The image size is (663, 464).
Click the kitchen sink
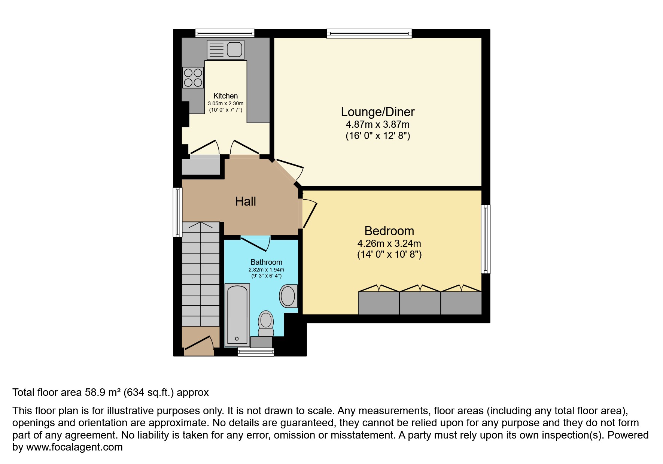tap(226, 49)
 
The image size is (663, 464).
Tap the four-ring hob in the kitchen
tap(193, 78)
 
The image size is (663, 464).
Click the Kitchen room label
tap(225, 96)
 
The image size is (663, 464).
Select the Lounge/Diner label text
tap(377, 112)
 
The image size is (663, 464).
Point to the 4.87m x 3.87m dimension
tap(377, 124)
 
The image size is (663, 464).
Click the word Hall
tap(245, 201)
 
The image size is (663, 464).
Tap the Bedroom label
tap(389, 231)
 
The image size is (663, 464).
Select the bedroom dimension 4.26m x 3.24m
tap(389, 243)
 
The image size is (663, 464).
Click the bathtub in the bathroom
tap(237, 314)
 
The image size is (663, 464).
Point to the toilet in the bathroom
tap(266, 323)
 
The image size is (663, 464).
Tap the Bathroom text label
tap(266, 262)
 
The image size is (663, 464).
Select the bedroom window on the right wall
tap(485, 239)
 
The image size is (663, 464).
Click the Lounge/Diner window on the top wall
tap(369, 34)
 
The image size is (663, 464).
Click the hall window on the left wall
tap(177, 212)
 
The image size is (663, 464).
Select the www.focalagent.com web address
tap(74, 447)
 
